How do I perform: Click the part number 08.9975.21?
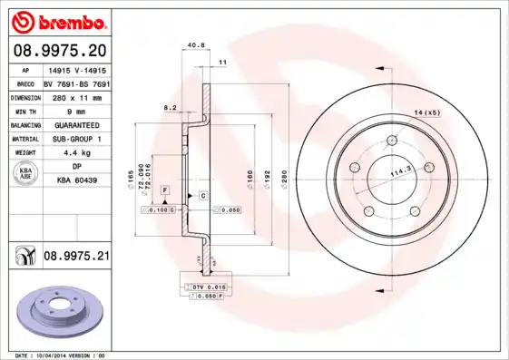[76, 257]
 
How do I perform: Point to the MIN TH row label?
[25, 110]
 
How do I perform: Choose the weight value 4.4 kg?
[77, 152]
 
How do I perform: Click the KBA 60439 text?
[77, 180]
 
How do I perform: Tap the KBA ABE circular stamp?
[25, 174]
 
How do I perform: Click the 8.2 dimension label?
[169, 107]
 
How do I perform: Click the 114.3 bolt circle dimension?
[400, 170]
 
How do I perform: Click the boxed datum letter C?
[202, 196]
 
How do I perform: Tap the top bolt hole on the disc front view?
[392, 141]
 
